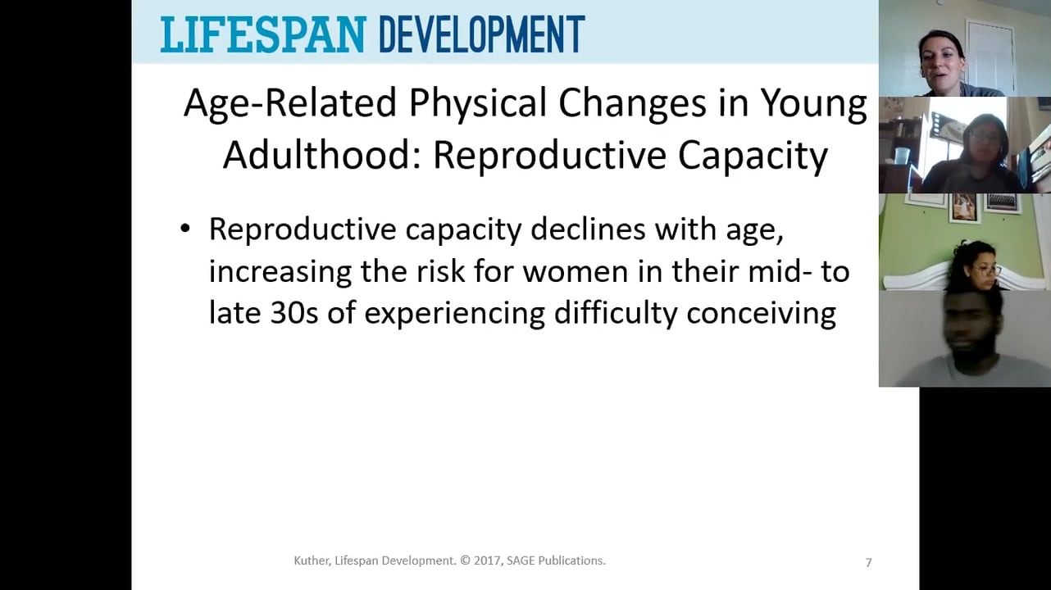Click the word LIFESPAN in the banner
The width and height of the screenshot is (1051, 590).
[x=262, y=34]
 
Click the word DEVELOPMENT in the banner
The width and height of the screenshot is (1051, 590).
[x=481, y=34]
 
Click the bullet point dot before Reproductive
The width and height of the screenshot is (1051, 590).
[x=185, y=230]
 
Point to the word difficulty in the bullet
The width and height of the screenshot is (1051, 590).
[x=616, y=313]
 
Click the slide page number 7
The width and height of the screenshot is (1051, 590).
[x=868, y=562]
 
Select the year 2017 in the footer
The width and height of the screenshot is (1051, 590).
[x=489, y=561]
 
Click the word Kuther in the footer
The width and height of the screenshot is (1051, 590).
[x=312, y=561]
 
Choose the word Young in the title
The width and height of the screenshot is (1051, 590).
[x=813, y=104]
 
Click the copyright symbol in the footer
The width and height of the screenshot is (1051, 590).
[x=465, y=561]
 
